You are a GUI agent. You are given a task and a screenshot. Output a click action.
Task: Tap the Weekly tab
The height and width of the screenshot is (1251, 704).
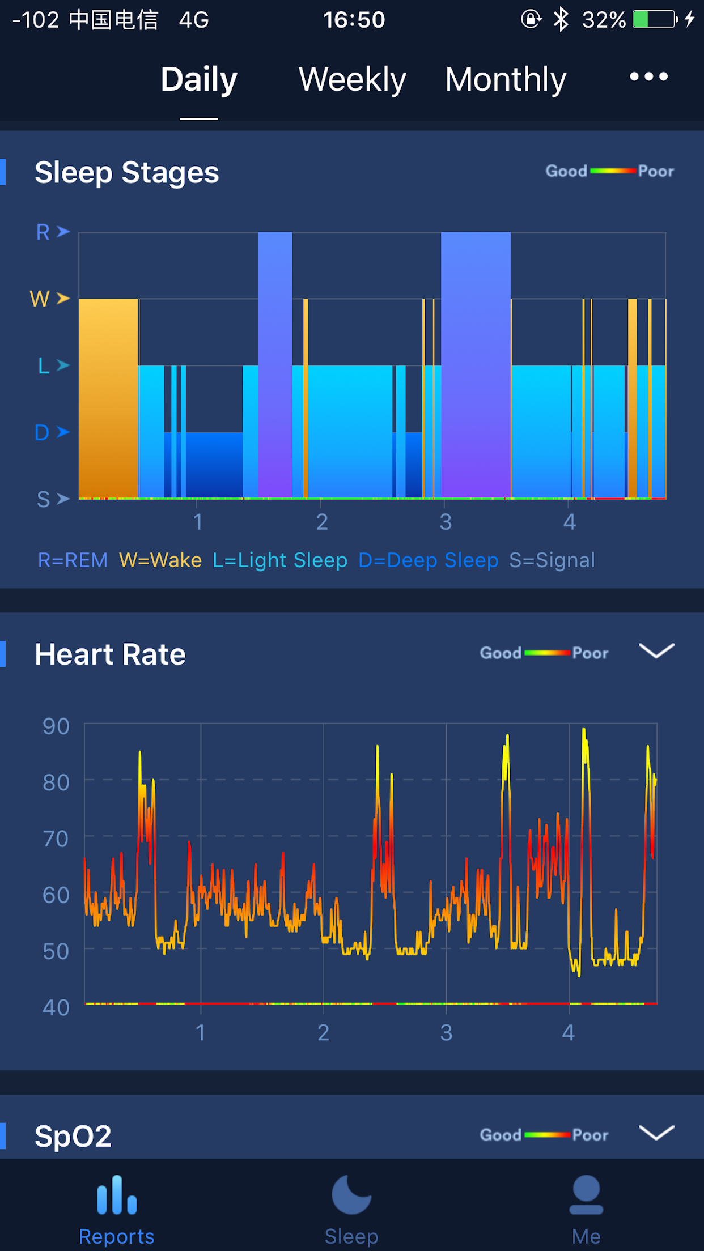352,79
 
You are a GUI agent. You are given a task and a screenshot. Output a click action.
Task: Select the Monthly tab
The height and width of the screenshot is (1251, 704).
506,79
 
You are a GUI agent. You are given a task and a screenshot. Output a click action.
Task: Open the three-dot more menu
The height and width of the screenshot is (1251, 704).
649,76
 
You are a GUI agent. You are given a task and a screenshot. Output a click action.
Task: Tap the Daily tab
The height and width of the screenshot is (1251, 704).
199,79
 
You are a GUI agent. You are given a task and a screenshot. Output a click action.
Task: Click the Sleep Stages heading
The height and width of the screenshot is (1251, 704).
126,172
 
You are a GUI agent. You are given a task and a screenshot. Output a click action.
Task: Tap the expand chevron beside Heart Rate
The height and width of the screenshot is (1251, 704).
656,651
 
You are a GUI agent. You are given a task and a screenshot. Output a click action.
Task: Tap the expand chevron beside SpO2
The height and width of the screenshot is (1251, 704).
656,1133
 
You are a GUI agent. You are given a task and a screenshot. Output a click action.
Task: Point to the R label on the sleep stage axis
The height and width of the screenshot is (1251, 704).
43,232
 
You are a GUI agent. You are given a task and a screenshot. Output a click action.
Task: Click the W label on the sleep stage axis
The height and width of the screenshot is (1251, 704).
40,299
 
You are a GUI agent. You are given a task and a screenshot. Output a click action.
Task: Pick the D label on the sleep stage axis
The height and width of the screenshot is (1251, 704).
42,432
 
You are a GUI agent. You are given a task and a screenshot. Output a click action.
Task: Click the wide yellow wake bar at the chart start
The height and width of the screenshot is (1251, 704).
108,398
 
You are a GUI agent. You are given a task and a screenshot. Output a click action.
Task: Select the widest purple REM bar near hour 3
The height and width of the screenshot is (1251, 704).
476,365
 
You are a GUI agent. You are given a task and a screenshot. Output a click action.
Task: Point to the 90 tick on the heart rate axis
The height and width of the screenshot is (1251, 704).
56,726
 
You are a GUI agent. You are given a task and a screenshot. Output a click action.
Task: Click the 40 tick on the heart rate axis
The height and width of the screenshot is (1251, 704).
56,1007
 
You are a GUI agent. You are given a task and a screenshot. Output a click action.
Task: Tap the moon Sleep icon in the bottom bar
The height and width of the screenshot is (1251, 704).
351,1194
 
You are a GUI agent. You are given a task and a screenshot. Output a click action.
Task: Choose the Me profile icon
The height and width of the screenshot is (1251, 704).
586,1194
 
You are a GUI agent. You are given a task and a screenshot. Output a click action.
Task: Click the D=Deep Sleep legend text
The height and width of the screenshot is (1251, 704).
429,560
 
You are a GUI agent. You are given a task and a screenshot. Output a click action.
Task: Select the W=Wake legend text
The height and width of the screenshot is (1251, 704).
160,560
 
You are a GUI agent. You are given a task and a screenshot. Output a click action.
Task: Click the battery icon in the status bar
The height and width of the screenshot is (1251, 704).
655,19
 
